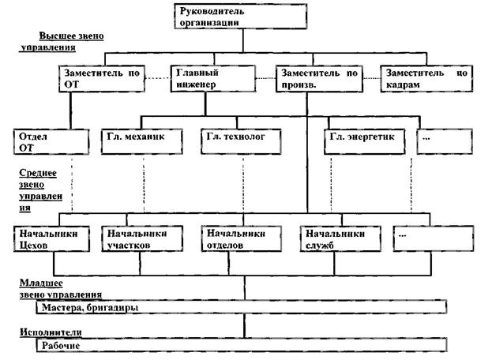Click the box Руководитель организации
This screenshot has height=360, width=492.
pyautogui.click(x=212, y=17)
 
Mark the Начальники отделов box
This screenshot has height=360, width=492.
pyautogui.click(x=238, y=240)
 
